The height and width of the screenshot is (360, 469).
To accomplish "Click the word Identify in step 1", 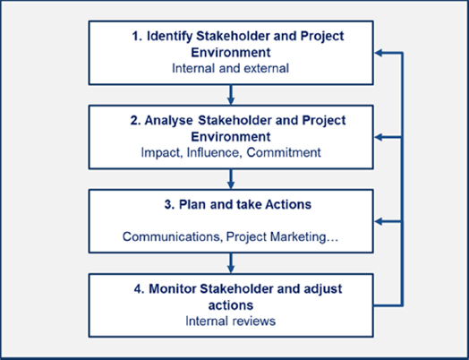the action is (169, 37).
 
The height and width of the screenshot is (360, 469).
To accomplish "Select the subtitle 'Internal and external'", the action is (230, 68).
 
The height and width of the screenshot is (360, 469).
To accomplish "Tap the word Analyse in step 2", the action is (168, 120).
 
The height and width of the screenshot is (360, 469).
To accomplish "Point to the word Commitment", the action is (284, 152).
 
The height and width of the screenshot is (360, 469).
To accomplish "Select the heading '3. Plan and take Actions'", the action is (238, 205).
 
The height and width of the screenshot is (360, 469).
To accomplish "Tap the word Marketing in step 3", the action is (304, 237).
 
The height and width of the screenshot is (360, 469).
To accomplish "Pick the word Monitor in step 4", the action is (173, 289).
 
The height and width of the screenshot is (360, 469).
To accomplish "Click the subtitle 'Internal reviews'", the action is (230, 321).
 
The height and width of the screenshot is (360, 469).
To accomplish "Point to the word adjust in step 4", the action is (326, 289).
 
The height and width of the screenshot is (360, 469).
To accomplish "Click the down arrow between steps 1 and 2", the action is (230, 95).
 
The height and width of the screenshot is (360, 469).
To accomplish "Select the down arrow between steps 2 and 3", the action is (230, 179).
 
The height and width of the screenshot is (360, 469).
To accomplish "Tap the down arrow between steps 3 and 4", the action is (230, 263).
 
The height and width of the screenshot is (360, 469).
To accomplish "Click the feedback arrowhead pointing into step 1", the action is (379, 53).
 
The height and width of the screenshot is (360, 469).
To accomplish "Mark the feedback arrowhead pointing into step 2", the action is (379, 137).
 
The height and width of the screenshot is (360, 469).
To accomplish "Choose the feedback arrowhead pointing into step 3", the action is (379, 222).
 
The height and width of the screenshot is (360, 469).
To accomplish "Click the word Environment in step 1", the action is (231, 52).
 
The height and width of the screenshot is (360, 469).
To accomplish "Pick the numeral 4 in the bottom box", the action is (137, 289).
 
